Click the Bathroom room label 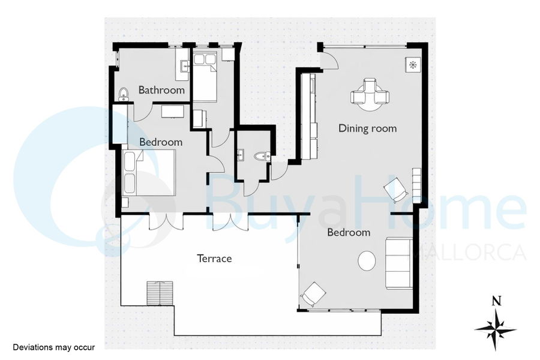pyautogui.click(x=161, y=90)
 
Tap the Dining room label pyautogui.click(x=367, y=128)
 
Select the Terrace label pyautogui.click(x=214, y=259)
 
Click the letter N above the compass pyautogui.click(x=496, y=301)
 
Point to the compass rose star pyautogui.click(x=496, y=329)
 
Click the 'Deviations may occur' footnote pyautogui.click(x=54, y=347)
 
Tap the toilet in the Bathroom pyautogui.click(x=123, y=94)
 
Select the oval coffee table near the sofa pyautogui.click(x=367, y=261)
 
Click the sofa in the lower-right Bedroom pyautogui.click(x=399, y=263)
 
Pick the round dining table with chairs pyautogui.click(x=370, y=94)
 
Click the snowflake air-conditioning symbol pyautogui.click(x=413, y=64)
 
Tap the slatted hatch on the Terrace pyautogui.click(x=160, y=293)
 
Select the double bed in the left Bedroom pyautogui.click(x=149, y=173)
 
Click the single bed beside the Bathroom pyautogui.click(x=205, y=76)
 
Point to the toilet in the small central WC pyautogui.click(x=262, y=157)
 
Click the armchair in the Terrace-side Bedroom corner pyautogui.click(x=313, y=294)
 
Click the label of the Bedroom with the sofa pyautogui.click(x=349, y=233)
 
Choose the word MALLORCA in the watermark pyautogui.click(x=467, y=253)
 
